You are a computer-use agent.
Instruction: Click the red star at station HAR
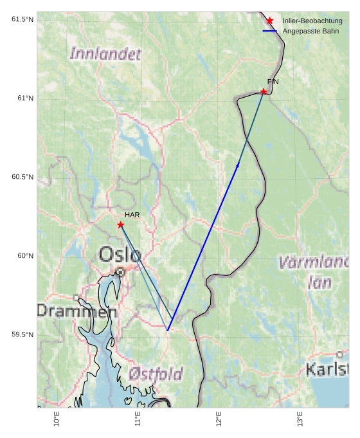coord(121,224)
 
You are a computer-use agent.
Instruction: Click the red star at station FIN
coord(264,92)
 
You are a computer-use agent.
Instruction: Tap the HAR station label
coord(132,215)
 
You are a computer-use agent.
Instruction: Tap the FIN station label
coord(273,82)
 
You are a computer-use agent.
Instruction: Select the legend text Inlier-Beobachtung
coord(312,21)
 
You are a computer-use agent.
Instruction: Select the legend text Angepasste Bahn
coord(310,31)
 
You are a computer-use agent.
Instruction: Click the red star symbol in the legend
coord(269,21)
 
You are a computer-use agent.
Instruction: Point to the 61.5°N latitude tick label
coord(22,19)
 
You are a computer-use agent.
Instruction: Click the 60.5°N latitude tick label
coord(22,177)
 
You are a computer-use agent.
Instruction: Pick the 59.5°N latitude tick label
coord(22,334)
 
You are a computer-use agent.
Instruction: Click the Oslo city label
coord(120,255)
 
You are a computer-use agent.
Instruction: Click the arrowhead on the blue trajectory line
coord(238,165)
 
